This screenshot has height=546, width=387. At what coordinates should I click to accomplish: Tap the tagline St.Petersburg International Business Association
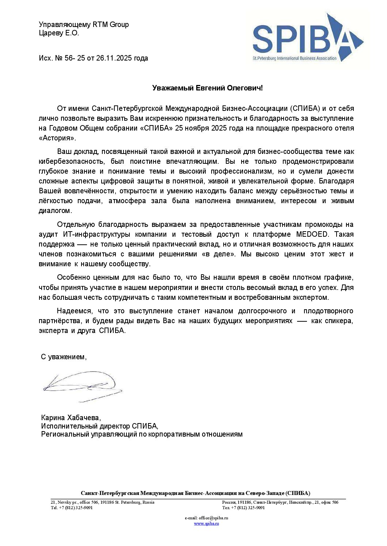[295, 58]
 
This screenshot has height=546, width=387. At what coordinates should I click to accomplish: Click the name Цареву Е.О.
[59, 33]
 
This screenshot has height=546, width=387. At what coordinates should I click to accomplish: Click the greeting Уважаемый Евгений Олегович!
[207, 88]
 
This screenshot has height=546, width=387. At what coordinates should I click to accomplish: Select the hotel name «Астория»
[57, 138]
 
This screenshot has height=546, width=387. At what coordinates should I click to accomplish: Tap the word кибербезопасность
[69, 161]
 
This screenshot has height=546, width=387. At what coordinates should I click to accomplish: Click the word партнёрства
[60, 321]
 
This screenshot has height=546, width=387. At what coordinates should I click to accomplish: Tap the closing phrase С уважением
[64, 357]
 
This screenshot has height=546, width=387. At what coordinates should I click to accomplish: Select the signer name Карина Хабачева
[71, 418]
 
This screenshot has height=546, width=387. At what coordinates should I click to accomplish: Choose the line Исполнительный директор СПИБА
[99, 426]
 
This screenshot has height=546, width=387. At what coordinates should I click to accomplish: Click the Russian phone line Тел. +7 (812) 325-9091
[243, 508]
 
